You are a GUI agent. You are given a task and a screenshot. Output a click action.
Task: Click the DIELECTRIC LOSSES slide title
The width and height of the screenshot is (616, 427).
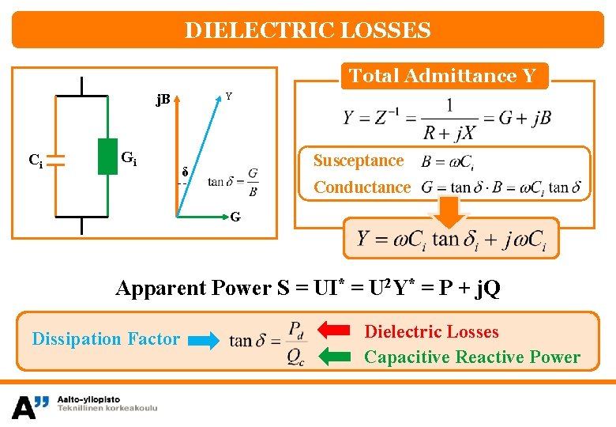(x=307, y=30)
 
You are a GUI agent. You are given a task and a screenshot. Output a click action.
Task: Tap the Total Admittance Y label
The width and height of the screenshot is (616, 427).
(x=442, y=76)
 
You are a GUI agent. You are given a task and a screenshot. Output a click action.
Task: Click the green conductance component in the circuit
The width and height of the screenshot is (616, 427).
(x=107, y=157)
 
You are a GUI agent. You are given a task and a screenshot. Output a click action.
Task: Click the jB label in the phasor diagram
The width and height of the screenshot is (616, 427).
(x=163, y=100)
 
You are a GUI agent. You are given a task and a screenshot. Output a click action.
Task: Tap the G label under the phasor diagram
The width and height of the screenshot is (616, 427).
(x=236, y=216)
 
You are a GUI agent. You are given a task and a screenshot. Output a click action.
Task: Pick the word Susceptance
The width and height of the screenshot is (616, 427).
(x=359, y=161)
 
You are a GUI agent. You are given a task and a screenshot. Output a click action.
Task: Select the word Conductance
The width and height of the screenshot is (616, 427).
(x=362, y=187)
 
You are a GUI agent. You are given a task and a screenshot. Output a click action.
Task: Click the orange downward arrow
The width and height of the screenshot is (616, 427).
(x=449, y=212)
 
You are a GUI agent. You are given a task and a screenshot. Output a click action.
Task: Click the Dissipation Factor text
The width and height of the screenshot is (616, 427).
(x=106, y=339)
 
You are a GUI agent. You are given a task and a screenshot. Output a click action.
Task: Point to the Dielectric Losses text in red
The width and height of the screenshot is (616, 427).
(x=431, y=332)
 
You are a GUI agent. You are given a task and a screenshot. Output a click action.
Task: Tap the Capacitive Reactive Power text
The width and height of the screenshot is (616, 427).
(x=471, y=357)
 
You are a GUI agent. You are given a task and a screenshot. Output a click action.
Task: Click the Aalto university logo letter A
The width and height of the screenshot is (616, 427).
(x=24, y=406)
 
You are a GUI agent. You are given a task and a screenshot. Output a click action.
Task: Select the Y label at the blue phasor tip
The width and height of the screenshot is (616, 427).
(x=228, y=96)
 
